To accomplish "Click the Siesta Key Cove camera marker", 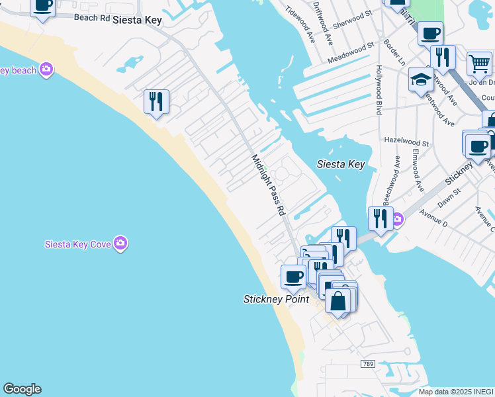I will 120,243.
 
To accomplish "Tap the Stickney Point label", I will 276,299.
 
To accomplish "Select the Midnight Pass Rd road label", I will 268,185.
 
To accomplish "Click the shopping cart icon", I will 479,64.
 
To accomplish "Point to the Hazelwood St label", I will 406,141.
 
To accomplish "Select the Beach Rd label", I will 92,18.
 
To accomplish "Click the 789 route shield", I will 369,364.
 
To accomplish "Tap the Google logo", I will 22,389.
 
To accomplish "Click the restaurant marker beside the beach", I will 156,102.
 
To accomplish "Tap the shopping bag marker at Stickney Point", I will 337,301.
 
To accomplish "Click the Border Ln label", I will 395,53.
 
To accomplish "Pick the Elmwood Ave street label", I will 418,170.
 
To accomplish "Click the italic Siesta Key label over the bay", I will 340,164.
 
